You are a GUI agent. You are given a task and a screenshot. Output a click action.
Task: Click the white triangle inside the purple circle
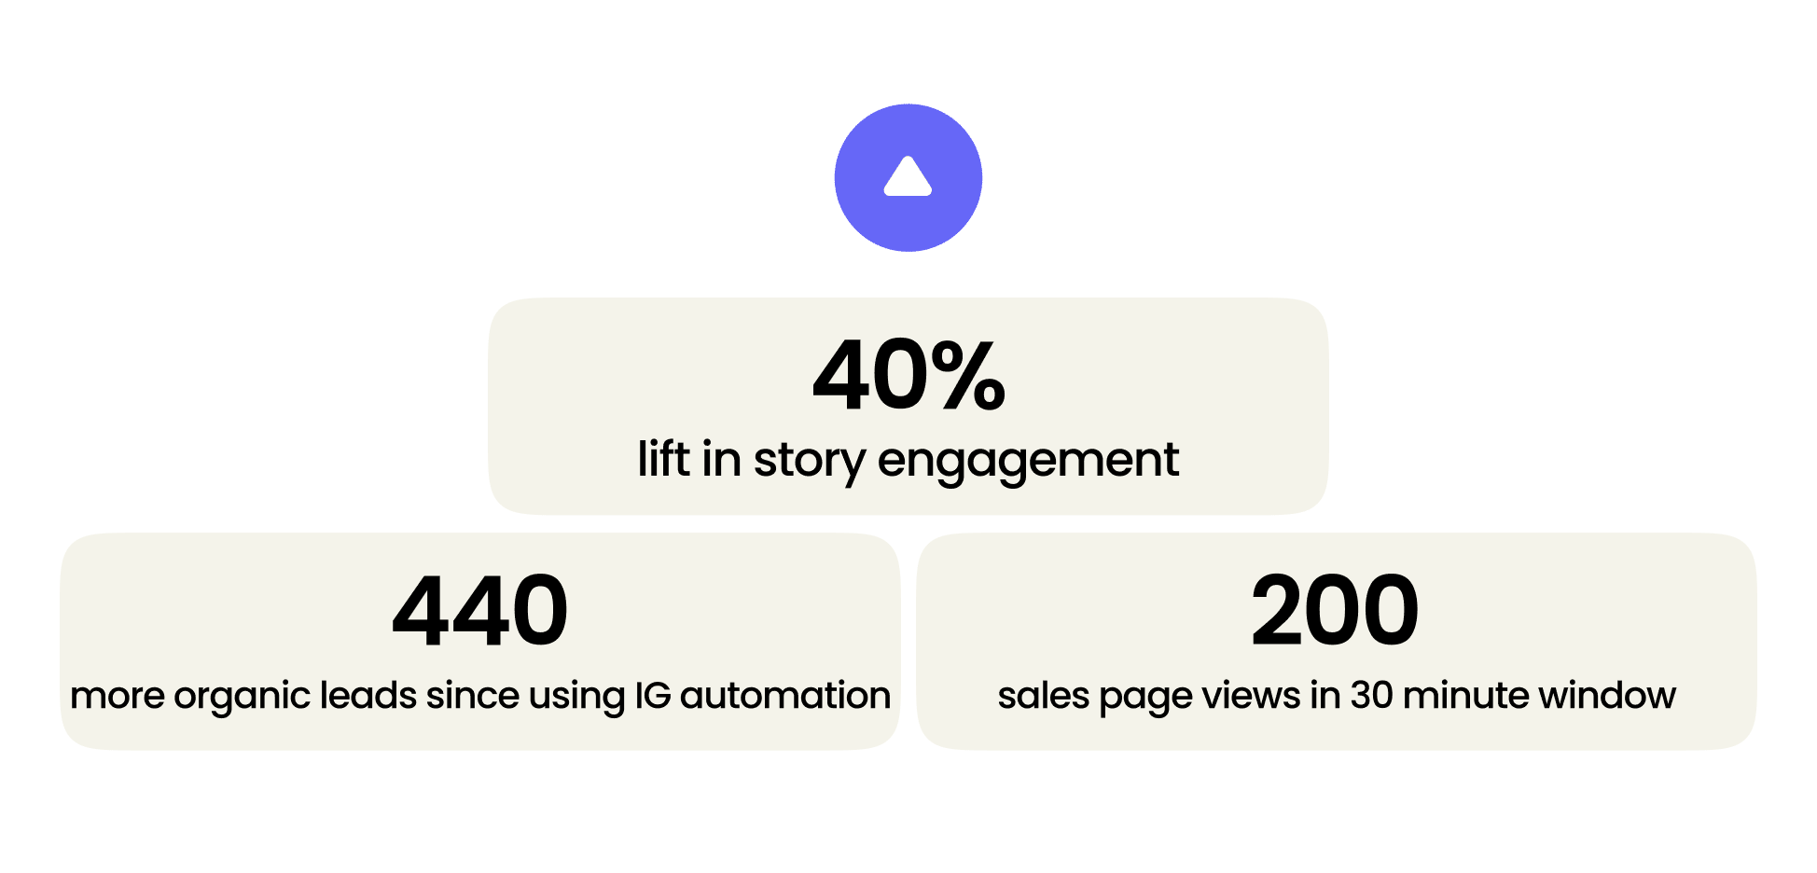click(x=908, y=176)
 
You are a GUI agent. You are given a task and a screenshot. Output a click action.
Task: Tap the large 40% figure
click(x=909, y=375)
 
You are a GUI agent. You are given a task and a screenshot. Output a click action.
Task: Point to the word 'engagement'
click(x=1028, y=463)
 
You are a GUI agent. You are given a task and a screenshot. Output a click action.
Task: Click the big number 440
click(x=480, y=611)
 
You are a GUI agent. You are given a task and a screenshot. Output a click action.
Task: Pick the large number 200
click(x=1335, y=611)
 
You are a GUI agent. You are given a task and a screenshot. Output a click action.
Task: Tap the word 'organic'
click(x=242, y=698)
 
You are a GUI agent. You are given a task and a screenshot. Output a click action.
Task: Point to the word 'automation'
click(x=785, y=695)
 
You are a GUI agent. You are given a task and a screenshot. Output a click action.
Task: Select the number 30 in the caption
click(x=1372, y=695)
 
